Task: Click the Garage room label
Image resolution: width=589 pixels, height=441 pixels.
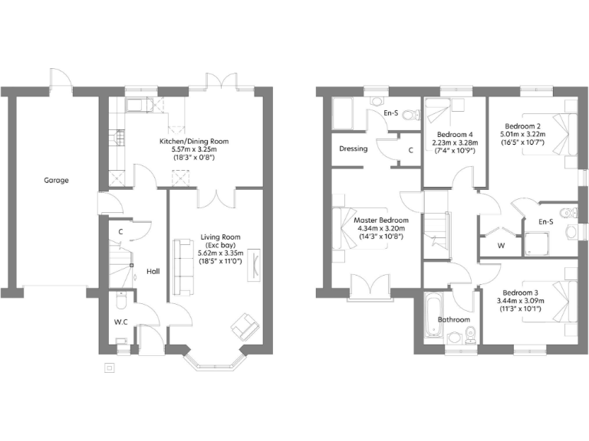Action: coord(56,181)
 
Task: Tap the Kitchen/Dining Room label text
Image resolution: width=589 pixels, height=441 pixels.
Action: coord(194,142)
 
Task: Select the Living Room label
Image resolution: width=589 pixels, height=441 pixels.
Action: coord(221,237)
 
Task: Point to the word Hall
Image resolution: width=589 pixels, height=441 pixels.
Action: coord(153,271)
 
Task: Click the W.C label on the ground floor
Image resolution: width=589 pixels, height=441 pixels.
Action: coord(121,322)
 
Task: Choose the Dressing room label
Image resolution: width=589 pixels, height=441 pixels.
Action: coord(353,149)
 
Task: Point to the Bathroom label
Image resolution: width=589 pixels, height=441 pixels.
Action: coord(454,319)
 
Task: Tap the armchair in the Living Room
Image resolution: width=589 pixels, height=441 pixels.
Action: coord(245,327)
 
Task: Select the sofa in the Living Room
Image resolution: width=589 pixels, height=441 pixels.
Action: coord(183,266)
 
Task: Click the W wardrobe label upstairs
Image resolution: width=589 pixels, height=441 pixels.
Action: coord(501,246)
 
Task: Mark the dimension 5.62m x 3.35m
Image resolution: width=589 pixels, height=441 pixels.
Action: coord(221,253)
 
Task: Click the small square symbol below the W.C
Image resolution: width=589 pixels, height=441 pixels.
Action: coord(110,367)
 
